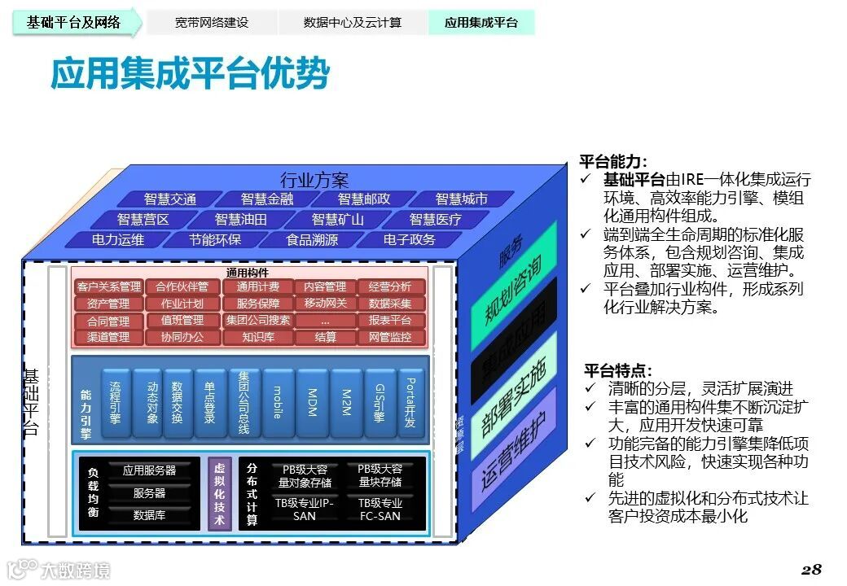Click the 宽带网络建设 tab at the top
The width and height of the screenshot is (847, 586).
pyautogui.click(x=211, y=23)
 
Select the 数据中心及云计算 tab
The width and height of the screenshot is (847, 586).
pyautogui.click(x=353, y=23)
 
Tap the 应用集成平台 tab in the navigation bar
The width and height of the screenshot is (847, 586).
pyautogui.click(x=481, y=23)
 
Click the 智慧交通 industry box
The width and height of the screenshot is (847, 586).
pyautogui.click(x=170, y=199)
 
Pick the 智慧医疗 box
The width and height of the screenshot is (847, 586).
pyautogui.click(x=435, y=220)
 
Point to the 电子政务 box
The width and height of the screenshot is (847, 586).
pyautogui.click(x=410, y=240)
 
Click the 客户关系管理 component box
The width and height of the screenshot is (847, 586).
pyautogui.click(x=108, y=286)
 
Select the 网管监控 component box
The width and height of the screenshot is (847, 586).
pyautogui.click(x=390, y=337)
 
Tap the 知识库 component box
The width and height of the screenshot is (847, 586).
pyautogui.click(x=257, y=337)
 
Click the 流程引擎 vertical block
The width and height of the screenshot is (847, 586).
pyautogui.click(x=115, y=403)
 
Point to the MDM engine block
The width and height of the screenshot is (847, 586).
pyautogui.click(x=312, y=403)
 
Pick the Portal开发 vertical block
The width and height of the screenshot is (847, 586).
pyautogui.click(x=410, y=403)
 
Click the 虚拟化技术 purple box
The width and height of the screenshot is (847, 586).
pyautogui.click(x=219, y=493)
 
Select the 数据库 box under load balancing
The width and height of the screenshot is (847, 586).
pyautogui.click(x=149, y=515)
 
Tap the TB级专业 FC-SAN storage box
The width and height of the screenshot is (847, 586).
pyautogui.click(x=380, y=509)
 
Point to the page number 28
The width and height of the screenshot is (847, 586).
pyautogui.click(x=811, y=568)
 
